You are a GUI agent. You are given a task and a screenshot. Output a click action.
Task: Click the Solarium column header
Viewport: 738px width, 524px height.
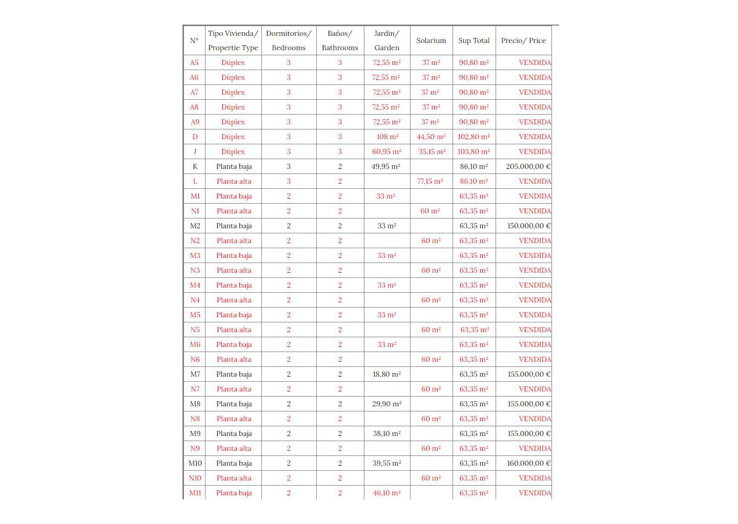pos(431,40)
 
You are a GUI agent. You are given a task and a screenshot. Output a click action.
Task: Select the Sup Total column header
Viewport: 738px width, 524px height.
pos(474,40)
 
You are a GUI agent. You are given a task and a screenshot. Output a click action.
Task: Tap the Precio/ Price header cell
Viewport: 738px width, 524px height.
pos(523,40)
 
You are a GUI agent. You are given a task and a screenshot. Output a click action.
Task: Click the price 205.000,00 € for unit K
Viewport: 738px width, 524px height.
pos(528,166)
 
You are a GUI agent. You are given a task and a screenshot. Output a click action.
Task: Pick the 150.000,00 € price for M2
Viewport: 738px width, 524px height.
pos(528,226)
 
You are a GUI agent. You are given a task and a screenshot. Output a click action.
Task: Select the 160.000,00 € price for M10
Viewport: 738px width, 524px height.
pos(528,463)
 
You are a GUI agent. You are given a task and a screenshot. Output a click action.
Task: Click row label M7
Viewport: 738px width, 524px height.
pos(195,374)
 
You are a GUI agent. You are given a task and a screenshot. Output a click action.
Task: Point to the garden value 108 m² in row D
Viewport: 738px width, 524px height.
pos(387,137)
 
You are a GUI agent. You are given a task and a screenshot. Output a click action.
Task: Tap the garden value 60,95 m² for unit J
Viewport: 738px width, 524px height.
pos(386,151)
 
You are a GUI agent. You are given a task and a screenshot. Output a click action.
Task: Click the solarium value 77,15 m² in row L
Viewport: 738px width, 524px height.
pos(430,181)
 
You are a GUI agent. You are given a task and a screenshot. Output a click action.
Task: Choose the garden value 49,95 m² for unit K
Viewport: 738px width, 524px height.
pos(386,166)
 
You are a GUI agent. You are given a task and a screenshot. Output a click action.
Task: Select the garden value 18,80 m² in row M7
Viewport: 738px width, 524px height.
pos(386,374)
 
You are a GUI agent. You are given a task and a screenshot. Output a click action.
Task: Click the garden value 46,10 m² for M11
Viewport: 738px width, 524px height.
pos(386,493)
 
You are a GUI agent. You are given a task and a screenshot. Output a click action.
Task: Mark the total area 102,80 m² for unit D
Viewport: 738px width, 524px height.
pos(474,137)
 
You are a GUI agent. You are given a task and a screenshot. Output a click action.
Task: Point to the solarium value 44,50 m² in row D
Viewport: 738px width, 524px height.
pos(431,137)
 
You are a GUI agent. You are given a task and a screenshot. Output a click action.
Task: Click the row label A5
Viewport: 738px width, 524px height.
pos(194,62)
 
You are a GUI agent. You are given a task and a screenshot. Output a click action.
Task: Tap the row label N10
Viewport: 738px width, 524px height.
pos(195,478)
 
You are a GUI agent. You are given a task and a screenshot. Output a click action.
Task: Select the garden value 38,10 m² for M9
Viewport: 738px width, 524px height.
pos(386,433)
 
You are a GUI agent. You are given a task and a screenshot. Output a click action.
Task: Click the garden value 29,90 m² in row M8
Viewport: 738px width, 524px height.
pos(386,404)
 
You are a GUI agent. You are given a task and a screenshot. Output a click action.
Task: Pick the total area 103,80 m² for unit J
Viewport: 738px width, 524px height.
pos(474,151)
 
